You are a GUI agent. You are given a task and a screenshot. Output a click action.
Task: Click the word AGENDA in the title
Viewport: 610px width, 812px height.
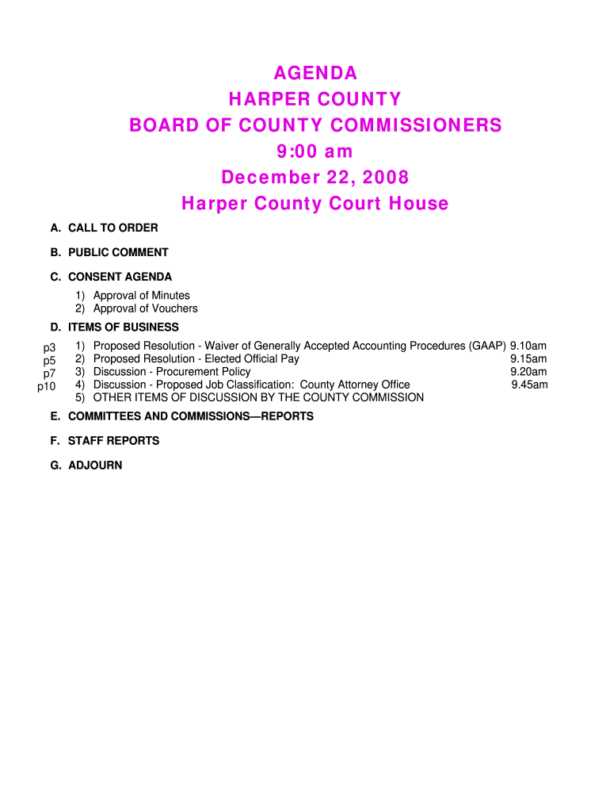click(315, 74)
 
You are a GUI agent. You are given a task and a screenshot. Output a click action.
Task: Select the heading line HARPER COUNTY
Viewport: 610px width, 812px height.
click(315, 100)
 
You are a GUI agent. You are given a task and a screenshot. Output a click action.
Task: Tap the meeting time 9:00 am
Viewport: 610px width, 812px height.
click(315, 151)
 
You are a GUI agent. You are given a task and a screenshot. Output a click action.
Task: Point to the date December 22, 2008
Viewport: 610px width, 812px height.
click(315, 177)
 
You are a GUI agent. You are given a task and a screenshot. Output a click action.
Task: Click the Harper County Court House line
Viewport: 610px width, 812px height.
click(315, 204)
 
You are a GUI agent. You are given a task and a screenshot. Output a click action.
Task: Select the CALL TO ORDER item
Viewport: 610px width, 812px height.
click(112, 228)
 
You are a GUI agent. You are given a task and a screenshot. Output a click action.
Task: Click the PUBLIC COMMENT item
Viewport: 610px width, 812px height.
click(118, 253)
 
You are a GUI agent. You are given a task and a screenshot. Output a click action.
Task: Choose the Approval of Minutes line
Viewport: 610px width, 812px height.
click(141, 296)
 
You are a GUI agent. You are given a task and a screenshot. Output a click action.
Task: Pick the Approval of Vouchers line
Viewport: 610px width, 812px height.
click(145, 308)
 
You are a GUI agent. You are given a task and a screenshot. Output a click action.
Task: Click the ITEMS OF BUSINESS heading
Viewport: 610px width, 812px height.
click(123, 327)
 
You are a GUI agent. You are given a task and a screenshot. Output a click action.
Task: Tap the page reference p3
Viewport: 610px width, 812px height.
click(49, 347)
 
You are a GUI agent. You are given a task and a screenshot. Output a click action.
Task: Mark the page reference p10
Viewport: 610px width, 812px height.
click(47, 386)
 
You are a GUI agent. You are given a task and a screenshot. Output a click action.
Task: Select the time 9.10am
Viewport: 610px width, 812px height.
click(528, 347)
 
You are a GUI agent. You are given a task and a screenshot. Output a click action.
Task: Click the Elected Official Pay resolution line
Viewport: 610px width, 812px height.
click(196, 359)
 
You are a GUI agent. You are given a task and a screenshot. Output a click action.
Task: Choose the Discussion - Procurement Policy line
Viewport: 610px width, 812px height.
click(171, 372)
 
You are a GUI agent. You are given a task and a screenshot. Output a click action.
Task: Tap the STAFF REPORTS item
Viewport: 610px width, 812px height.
click(113, 441)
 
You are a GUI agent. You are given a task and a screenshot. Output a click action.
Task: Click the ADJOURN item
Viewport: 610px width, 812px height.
click(95, 465)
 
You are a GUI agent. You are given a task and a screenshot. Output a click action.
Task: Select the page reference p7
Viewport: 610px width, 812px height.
click(49, 373)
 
